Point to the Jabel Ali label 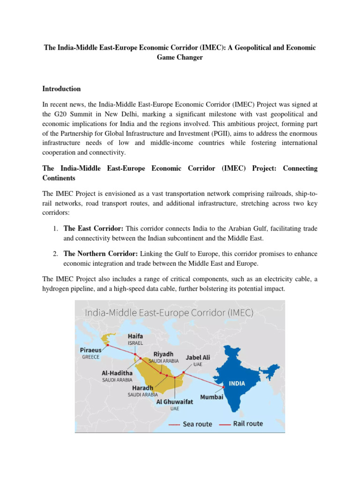(198, 357)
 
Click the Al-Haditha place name (117, 373)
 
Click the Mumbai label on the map (212, 397)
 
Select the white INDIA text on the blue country (237, 383)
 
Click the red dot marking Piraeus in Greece (107, 345)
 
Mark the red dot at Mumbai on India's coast (223, 387)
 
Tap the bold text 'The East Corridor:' (93, 228)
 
